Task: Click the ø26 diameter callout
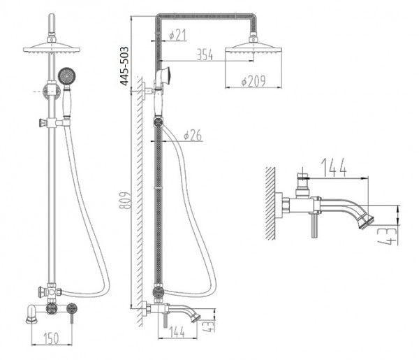click(193, 136)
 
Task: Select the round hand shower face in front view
click(66, 73)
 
